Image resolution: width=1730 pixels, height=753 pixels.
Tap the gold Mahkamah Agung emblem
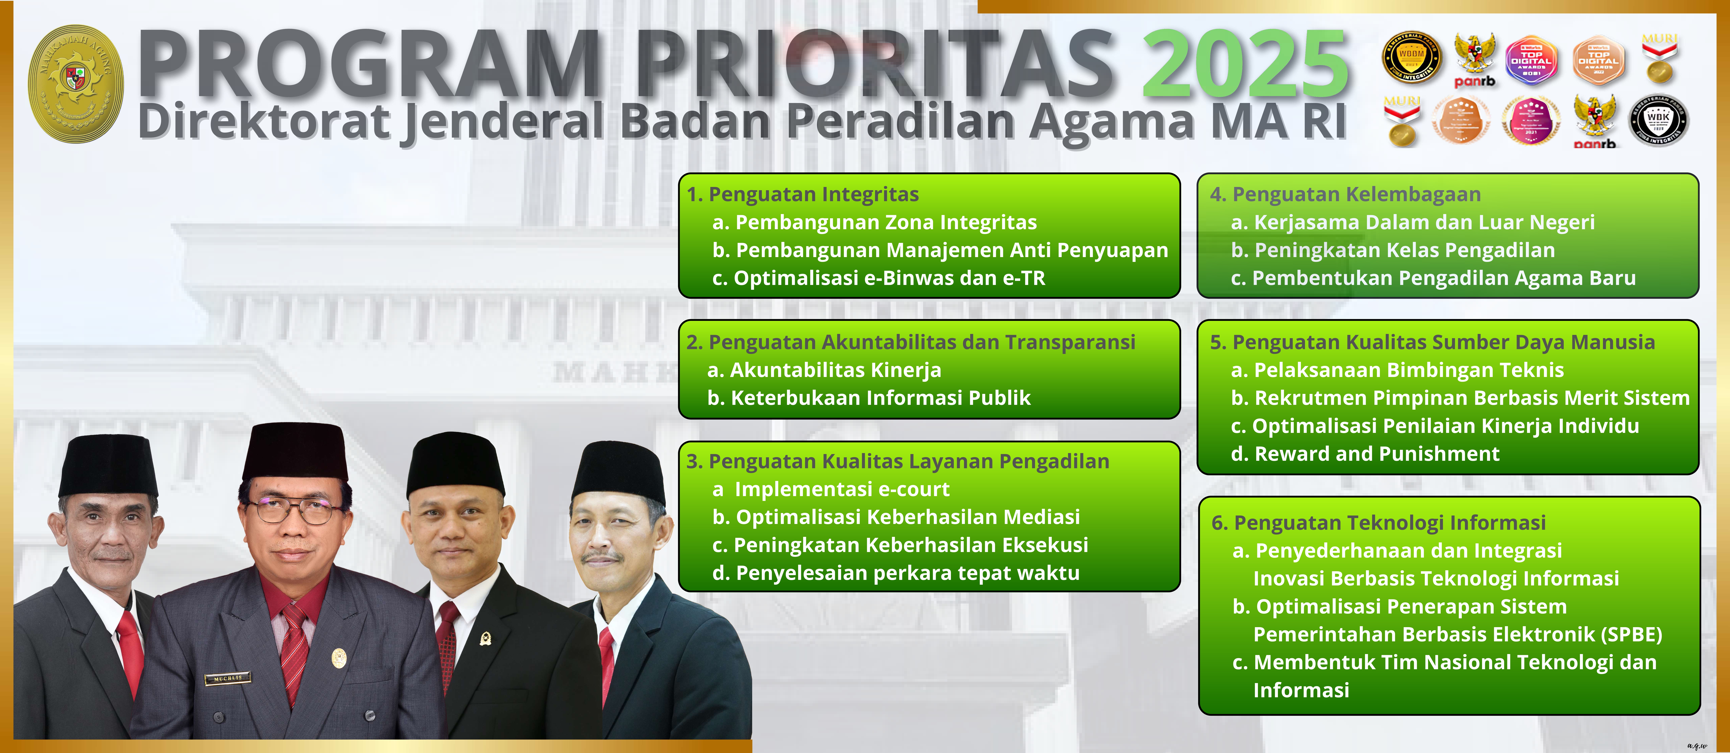coord(76,84)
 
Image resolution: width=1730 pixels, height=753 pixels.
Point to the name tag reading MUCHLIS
coord(228,678)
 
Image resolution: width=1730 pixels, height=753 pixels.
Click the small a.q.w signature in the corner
coord(1696,745)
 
